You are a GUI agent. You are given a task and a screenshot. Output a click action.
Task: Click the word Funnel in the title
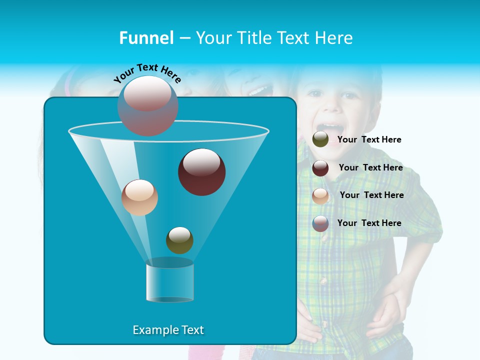[146, 38]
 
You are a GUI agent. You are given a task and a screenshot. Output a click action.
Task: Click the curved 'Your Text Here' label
[147, 73]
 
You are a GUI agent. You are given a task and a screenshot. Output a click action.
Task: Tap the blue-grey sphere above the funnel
[147, 105]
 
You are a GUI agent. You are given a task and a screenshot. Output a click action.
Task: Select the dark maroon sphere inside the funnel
[201, 172]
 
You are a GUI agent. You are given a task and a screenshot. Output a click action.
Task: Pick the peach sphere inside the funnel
[139, 197]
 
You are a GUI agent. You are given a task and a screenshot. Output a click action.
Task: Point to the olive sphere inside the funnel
[179, 240]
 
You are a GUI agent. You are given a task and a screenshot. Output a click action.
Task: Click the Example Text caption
[168, 330]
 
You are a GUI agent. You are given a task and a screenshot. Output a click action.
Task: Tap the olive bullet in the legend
[320, 139]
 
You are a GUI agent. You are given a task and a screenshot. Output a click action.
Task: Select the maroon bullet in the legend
[320, 168]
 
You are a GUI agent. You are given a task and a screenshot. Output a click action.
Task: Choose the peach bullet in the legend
[320, 195]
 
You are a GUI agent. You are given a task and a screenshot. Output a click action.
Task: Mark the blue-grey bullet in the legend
[320, 223]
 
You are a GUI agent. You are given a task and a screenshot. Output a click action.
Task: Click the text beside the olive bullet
[369, 140]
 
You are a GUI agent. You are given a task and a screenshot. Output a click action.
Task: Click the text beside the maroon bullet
[370, 168]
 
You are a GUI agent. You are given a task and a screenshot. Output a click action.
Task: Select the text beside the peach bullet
[371, 195]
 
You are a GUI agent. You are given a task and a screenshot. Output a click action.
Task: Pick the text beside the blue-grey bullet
[369, 223]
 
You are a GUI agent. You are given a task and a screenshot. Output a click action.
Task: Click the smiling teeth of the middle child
[258, 91]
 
